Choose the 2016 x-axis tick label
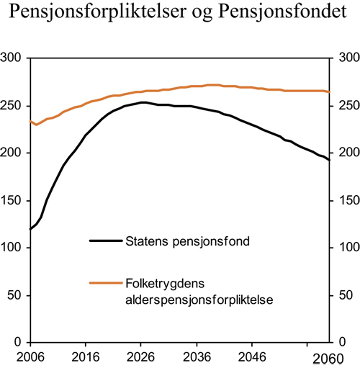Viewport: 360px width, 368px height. click(86, 355)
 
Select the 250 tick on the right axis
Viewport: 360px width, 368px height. click(344, 105)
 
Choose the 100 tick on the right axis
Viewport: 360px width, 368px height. click(344, 248)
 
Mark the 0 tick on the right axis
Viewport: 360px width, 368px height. click(338, 343)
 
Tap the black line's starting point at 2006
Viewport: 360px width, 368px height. click(30, 229)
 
